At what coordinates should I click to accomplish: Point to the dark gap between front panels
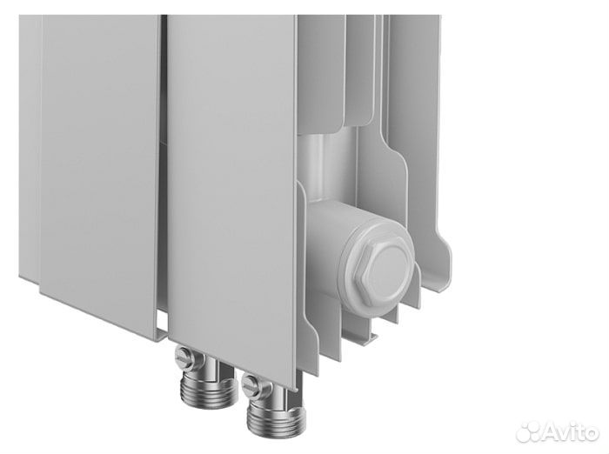point(163,174)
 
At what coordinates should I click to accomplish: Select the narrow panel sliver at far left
point(29,148)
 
